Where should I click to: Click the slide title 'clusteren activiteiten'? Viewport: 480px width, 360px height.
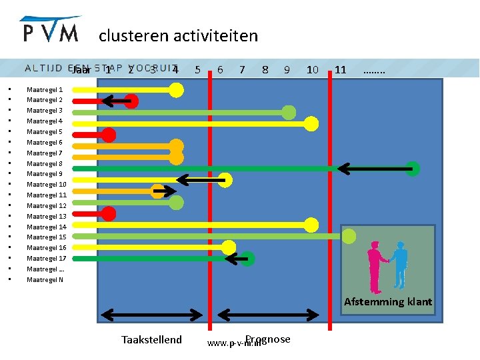click(178, 35)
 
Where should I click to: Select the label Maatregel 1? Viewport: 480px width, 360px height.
click(45, 89)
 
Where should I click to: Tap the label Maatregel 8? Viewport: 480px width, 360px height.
click(45, 163)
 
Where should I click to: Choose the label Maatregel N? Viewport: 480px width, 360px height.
click(45, 279)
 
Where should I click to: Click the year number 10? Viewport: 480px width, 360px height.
click(312, 69)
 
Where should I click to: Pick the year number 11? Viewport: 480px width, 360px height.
click(341, 69)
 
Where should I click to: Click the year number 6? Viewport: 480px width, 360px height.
click(220, 69)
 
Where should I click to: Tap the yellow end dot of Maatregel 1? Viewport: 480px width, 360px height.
click(176, 90)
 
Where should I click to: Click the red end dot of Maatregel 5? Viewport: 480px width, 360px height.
click(109, 135)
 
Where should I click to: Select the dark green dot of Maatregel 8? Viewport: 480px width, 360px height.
click(413, 169)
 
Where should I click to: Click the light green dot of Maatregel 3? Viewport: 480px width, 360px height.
click(289, 112)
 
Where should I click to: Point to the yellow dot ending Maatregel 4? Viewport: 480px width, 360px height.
click(311, 123)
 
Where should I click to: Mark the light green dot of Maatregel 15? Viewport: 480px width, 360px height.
click(349, 235)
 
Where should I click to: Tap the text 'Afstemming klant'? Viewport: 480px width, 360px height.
click(388, 302)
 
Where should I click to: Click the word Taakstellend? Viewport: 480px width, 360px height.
click(151, 340)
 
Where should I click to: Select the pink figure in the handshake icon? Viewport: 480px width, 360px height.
click(375, 263)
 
